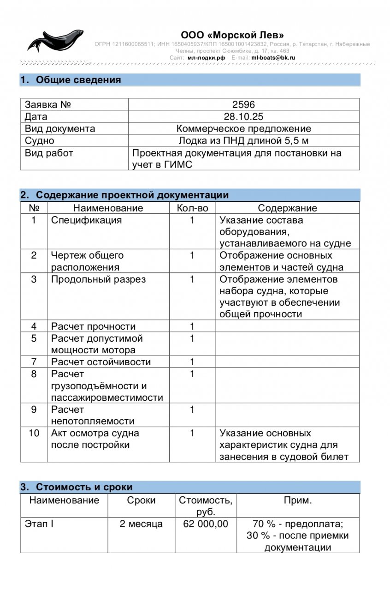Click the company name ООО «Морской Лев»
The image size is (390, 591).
[232, 35]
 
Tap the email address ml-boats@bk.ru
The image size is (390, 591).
[273, 58]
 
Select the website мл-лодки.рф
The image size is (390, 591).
[206, 58]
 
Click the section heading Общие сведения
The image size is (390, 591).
[78, 80]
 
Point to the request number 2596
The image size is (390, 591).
[243, 104]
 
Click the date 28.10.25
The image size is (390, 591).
[243, 116]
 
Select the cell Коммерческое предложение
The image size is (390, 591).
[243, 128]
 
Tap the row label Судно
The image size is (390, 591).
[39, 140]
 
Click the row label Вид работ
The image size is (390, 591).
[49, 153]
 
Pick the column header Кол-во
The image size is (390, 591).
[192, 208]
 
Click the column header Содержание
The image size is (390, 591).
[287, 208]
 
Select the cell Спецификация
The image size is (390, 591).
[87, 220]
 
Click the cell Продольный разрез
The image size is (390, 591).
[98, 279]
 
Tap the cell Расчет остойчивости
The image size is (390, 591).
[101, 362]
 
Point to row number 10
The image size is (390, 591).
[34, 433]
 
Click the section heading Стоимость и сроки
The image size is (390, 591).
[84, 487]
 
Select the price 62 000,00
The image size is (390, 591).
[206, 524]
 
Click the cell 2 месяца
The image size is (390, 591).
[141, 524]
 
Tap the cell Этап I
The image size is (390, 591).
[39, 524]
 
